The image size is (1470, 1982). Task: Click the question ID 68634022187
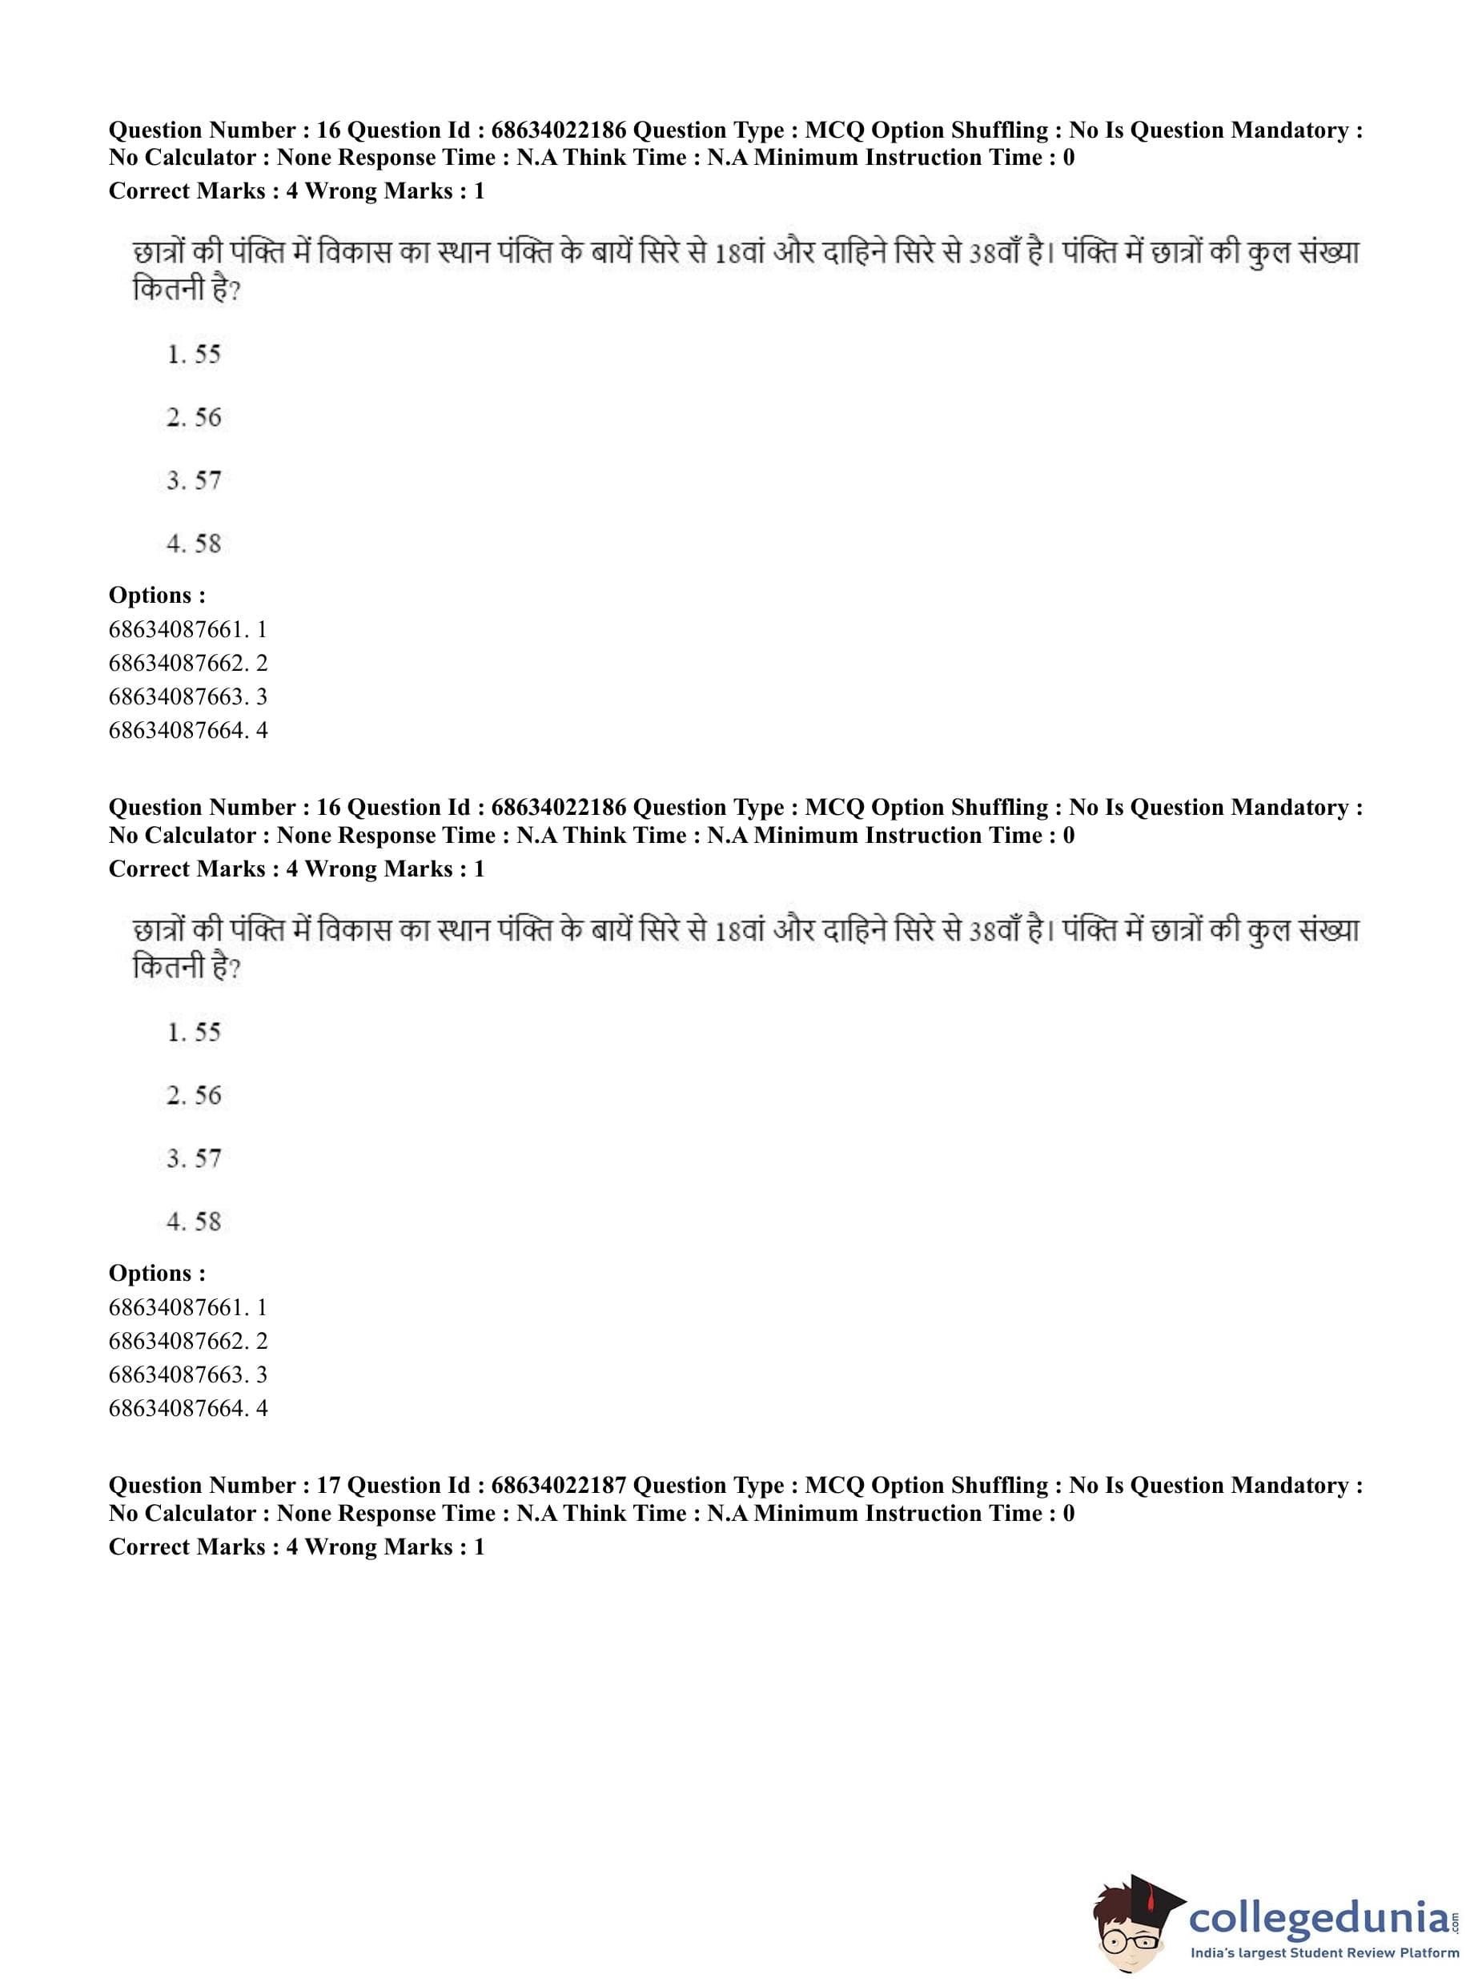[x=558, y=1486]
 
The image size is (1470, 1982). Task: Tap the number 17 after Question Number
[x=328, y=1486]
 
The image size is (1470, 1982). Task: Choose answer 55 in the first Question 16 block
[x=194, y=354]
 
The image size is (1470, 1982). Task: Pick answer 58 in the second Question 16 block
[x=194, y=1221]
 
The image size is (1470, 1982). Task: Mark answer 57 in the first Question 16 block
[x=194, y=480]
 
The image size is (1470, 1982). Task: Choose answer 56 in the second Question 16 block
[x=194, y=1094]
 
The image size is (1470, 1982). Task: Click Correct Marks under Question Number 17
[x=187, y=1547]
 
